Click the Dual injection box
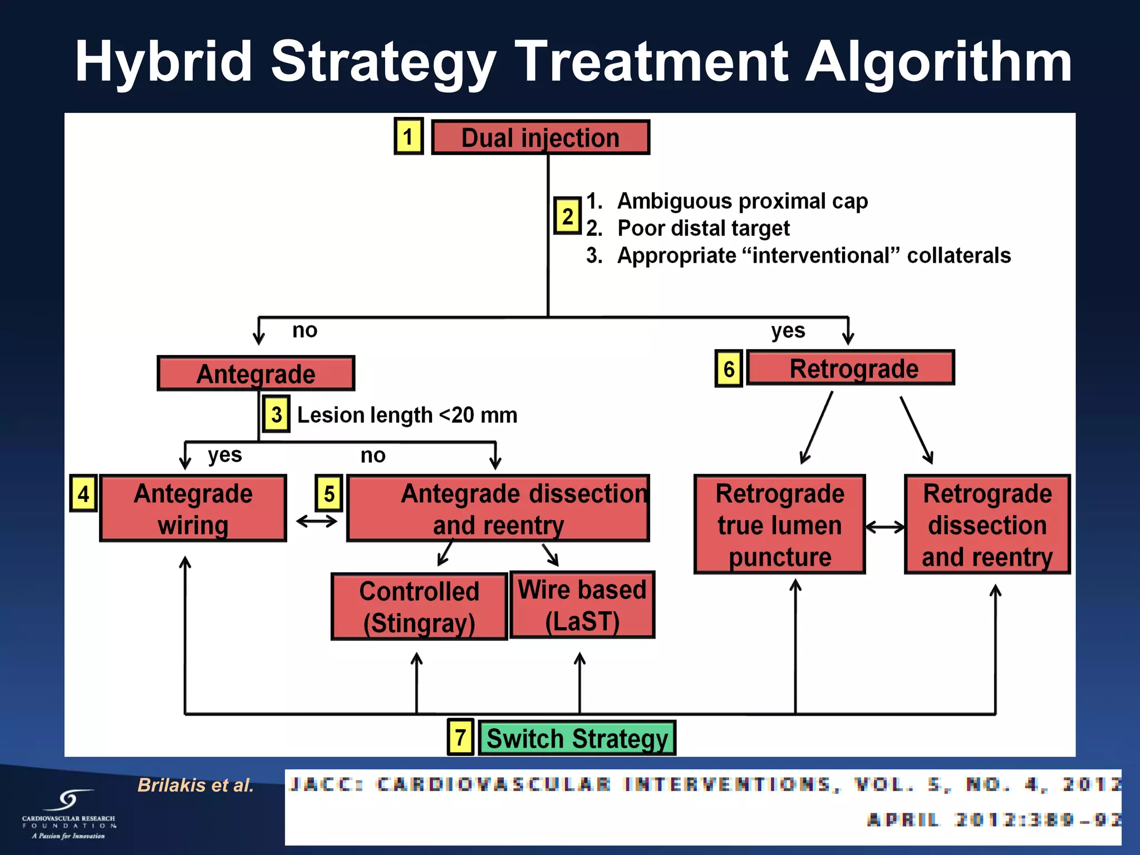tap(540, 137)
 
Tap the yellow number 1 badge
tap(409, 136)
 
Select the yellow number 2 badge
tap(567, 216)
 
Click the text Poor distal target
tap(703, 228)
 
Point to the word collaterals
tap(959, 255)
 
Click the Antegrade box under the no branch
tap(256, 374)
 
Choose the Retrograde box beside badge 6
tap(850, 368)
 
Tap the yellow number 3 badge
tap(277, 415)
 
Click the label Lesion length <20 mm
tap(407, 415)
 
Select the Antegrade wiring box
tap(193, 509)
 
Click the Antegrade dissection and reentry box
tap(498, 509)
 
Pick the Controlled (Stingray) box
tap(419, 607)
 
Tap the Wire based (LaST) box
tap(582, 605)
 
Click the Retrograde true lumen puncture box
tap(779, 525)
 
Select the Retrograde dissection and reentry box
tap(987, 525)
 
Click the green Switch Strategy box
tap(577, 738)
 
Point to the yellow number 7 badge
tap(460, 738)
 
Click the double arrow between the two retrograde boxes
tap(885, 527)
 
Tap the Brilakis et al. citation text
tap(195, 785)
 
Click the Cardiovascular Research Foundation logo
tap(68, 814)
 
